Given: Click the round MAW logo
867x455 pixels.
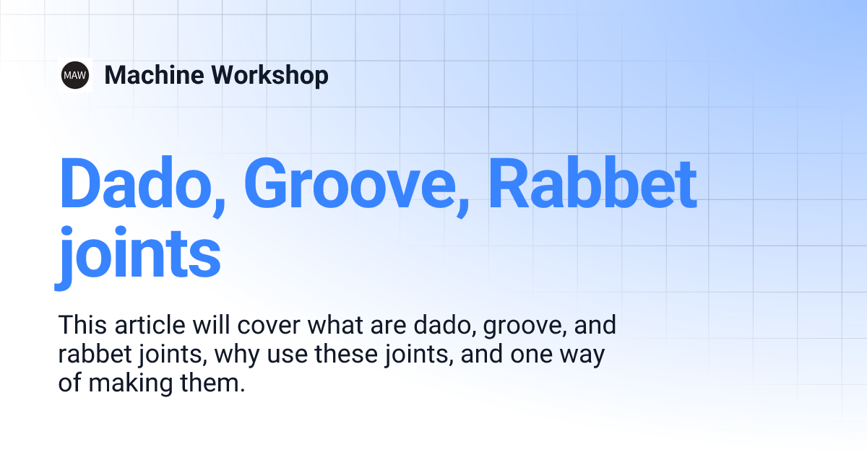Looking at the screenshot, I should coord(75,75).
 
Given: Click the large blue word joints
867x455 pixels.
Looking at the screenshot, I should coord(139,254).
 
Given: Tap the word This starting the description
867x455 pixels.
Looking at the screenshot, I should coord(82,325).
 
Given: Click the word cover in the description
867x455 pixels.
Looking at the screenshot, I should coord(267,325).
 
